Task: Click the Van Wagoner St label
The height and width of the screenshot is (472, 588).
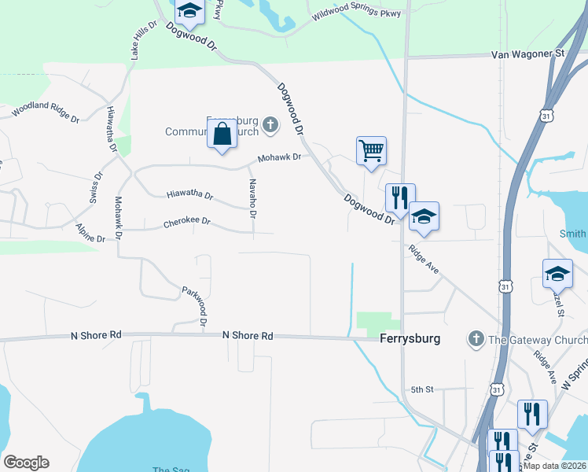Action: [527, 54]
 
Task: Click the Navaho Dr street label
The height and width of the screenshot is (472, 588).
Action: [253, 198]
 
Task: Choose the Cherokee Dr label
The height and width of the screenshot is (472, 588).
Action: [187, 222]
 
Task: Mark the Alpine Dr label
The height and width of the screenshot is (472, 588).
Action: [90, 233]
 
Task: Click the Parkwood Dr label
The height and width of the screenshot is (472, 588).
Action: [193, 306]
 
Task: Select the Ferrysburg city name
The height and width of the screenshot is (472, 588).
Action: [410, 339]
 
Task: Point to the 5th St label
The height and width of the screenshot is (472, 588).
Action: [422, 389]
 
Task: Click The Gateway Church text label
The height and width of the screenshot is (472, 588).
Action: [538, 340]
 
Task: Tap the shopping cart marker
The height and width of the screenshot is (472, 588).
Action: [371, 149]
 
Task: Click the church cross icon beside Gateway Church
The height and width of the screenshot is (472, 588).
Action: [475, 339]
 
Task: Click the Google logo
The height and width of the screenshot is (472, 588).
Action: [26, 463]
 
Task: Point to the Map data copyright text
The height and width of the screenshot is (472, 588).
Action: [555, 466]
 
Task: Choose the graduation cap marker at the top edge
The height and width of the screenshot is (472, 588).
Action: [189, 9]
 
